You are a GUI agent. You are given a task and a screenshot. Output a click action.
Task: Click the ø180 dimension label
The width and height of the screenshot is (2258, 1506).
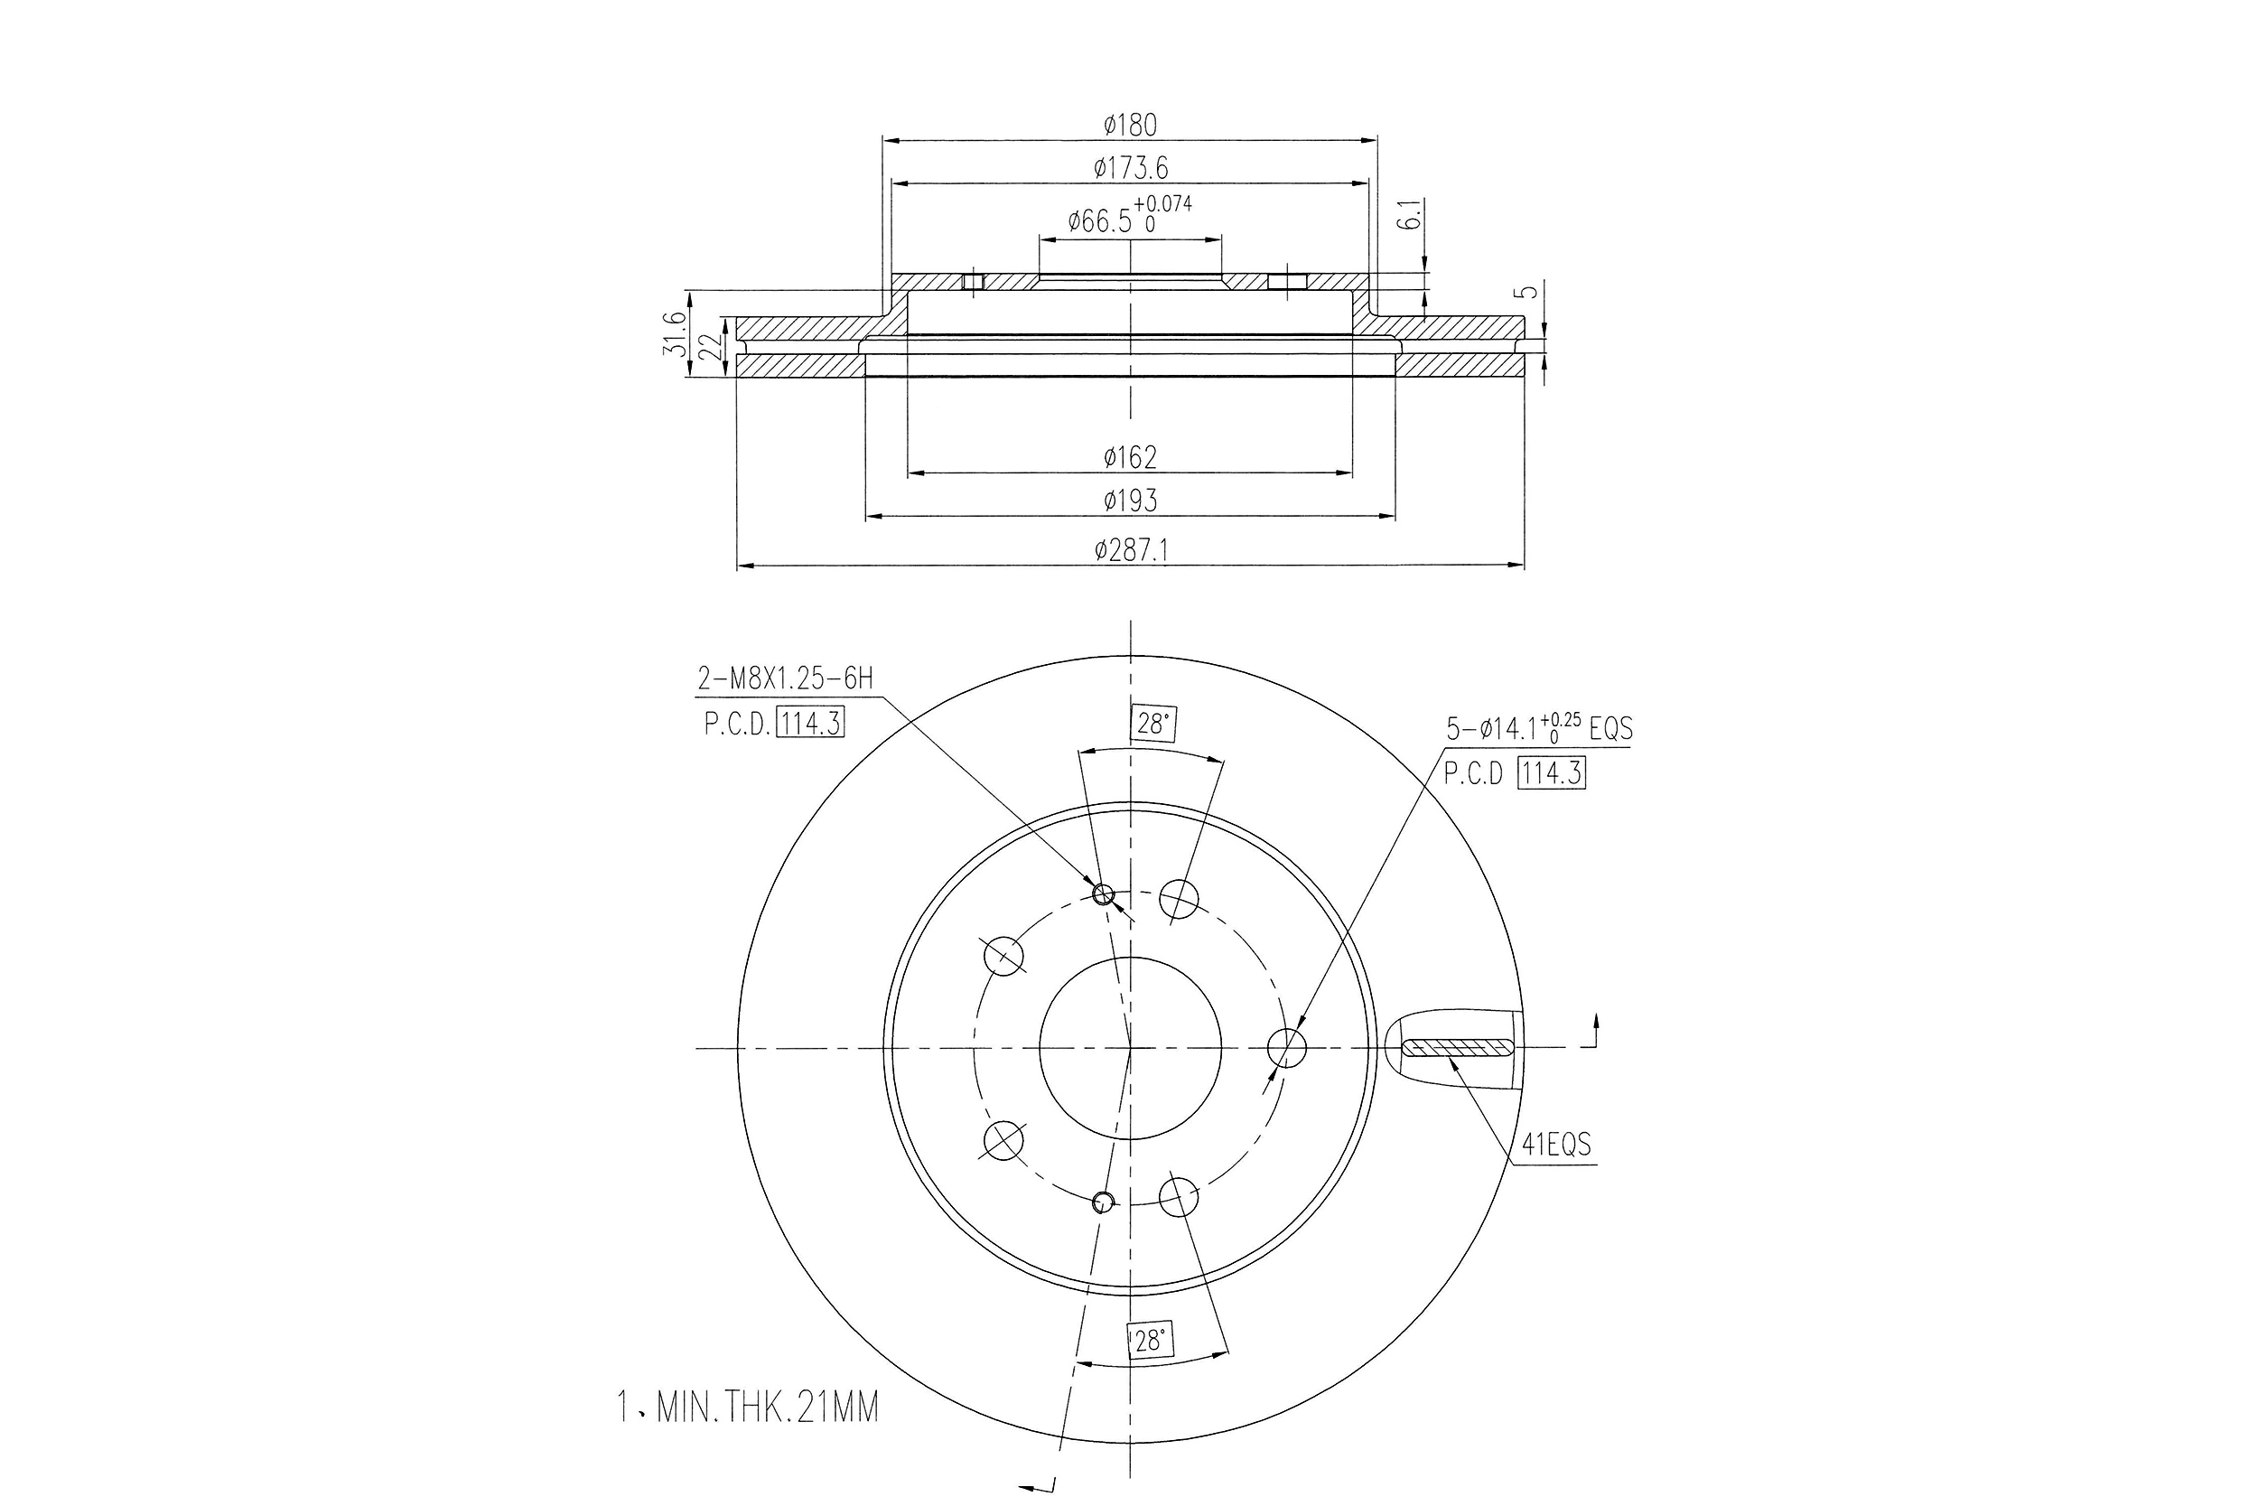pos(1130,125)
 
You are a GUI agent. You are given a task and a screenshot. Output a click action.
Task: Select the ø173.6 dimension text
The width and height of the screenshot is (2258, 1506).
pos(1130,169)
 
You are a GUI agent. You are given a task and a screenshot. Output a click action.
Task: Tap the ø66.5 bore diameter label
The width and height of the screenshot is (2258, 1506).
pos(1100,222)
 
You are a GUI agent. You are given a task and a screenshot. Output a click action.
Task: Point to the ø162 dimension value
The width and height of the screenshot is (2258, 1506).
pos(1130,457)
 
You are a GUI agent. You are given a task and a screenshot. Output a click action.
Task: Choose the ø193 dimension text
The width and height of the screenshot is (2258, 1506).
pos(1130,500)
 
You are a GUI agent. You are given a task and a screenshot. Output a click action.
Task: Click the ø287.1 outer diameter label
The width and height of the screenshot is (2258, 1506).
pos(1130,550)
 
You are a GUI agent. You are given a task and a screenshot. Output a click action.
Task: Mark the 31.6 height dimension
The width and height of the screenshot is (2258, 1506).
pos(675,333)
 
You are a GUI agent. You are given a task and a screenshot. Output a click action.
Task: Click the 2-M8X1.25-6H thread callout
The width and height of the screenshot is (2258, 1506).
pos(785,679)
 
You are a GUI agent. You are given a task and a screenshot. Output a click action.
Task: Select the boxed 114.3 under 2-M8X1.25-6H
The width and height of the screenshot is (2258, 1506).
pos(810,722)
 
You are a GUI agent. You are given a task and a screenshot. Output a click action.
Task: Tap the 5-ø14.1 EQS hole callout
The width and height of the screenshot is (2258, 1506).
pos(1539,728)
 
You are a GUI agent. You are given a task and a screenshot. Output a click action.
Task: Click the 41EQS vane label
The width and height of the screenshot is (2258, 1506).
pos(1556,1145)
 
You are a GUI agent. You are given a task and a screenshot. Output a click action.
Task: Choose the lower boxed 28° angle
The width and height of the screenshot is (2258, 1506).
pos(1149,1341)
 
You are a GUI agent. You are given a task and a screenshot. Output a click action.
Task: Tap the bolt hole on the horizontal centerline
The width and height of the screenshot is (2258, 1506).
pos(1286,1047)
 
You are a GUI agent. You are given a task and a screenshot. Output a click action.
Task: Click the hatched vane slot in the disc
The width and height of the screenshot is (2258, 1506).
pos(1458,1047)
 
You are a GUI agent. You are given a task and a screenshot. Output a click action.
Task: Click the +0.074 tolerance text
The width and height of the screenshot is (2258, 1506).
pos(1162,203)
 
